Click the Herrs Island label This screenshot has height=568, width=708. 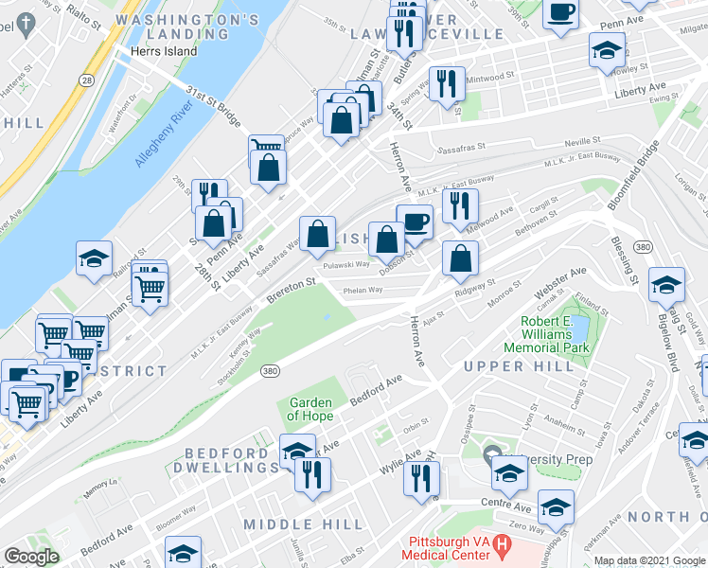click(x=165, y=51)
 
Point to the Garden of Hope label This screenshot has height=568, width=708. click(x=310, y=409)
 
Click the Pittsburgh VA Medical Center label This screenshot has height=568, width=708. click(x=451, y=548)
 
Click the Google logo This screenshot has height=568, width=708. click(x=31, y=557)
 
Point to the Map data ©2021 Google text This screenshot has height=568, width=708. click(x=649, y=560)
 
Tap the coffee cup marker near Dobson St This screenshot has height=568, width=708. click(x=414, y=223)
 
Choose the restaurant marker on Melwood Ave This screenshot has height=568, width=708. click(x=460, y=206)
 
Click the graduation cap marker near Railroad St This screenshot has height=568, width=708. click(x=94, y=258)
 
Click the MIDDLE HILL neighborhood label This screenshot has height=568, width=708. click(x=303, y=524)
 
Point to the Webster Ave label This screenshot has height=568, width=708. click(x=559, y=280)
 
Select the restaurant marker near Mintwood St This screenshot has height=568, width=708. click(x=442, y=83)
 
